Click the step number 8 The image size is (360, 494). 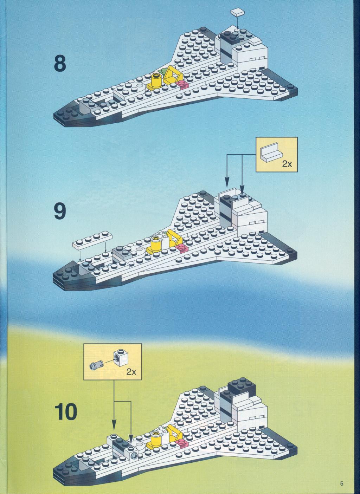click(60, 64)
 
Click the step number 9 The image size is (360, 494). click(60, 211)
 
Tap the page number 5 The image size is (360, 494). click(342, 482)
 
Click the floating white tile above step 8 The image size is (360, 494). click(238, 12)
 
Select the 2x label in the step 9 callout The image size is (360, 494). click(287, 164)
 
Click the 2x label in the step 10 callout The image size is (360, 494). click(131, 372)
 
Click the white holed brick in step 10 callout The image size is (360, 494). click(121, 358)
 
